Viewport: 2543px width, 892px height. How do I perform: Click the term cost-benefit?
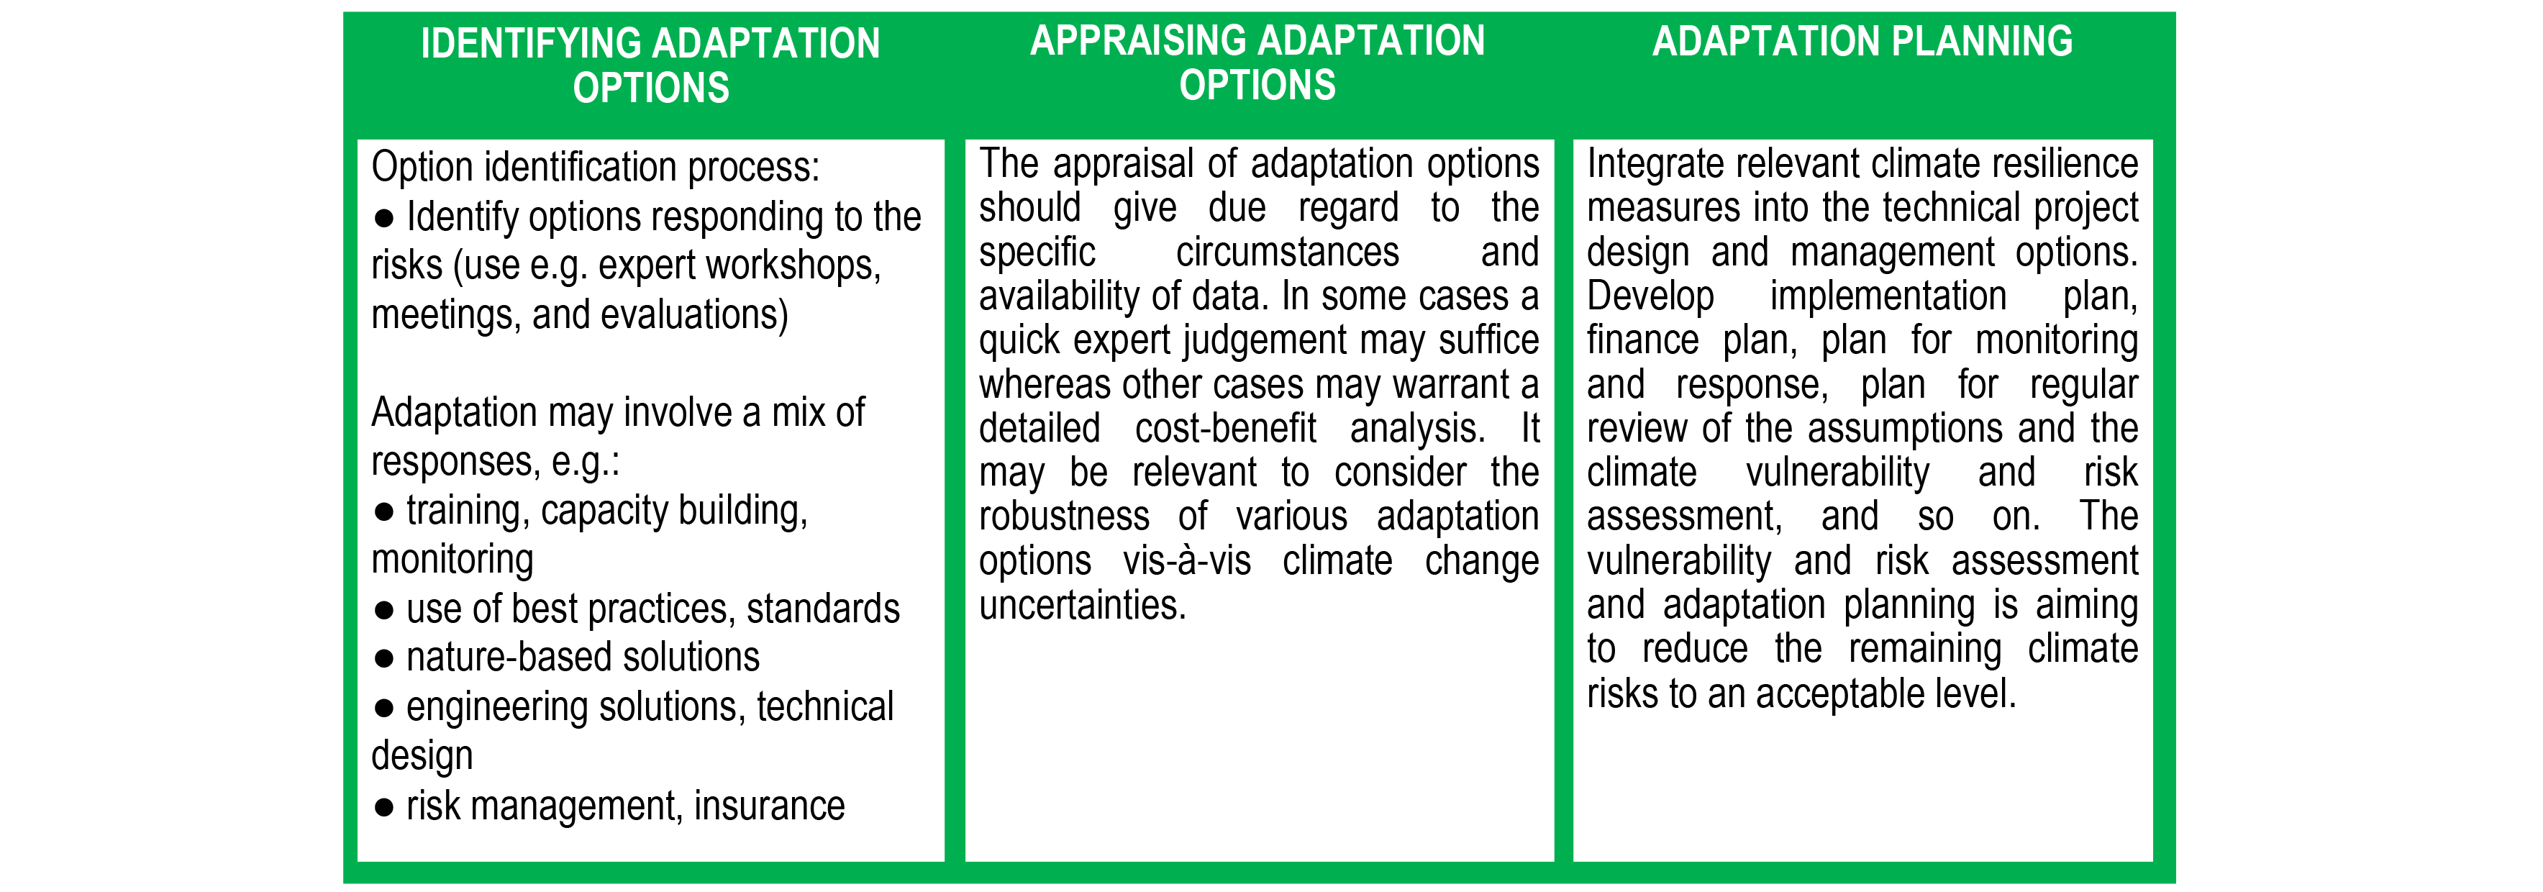pos(1224,428)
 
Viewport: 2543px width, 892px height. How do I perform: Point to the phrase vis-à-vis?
pos(1186,560)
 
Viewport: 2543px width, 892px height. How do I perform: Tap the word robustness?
pos(1063,516)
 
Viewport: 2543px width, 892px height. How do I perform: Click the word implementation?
pos(1886,296)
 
